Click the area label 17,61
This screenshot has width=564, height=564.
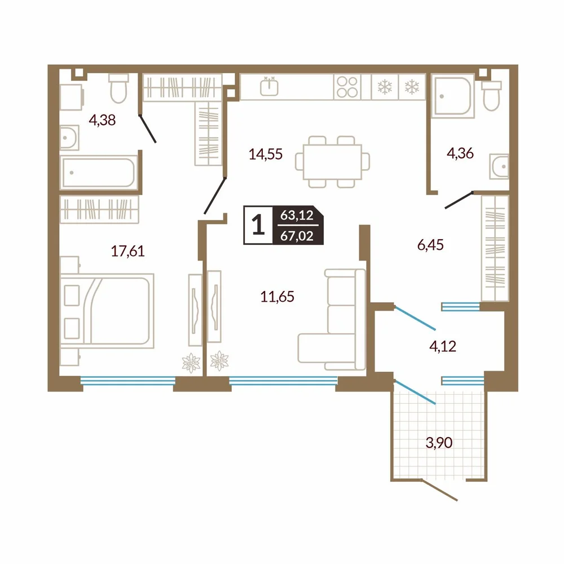[127, 251]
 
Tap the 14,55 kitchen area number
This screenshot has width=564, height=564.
[266, 155]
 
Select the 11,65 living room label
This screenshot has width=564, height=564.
[277, 297]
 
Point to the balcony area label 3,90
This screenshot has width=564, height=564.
[439, 443]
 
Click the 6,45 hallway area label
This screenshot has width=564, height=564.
[430, 245]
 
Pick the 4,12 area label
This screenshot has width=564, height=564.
[443, 346]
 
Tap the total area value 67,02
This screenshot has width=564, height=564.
[297, 236]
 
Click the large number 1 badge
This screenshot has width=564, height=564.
[258, 225]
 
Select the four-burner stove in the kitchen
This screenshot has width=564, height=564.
[347, 87]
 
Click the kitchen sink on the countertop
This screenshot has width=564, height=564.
[269, 86]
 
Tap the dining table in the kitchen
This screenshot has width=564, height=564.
[332, 162]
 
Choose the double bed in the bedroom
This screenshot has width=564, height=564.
[107, 311]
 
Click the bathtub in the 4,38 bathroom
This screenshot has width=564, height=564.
[99, 172]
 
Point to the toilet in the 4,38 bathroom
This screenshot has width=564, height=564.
[118, 88]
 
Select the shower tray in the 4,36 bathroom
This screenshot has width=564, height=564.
[453, 96]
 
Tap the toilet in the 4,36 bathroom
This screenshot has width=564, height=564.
[491, 95]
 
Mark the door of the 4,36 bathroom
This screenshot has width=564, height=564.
[459, 200]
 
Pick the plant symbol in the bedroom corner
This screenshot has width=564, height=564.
[191, 363]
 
